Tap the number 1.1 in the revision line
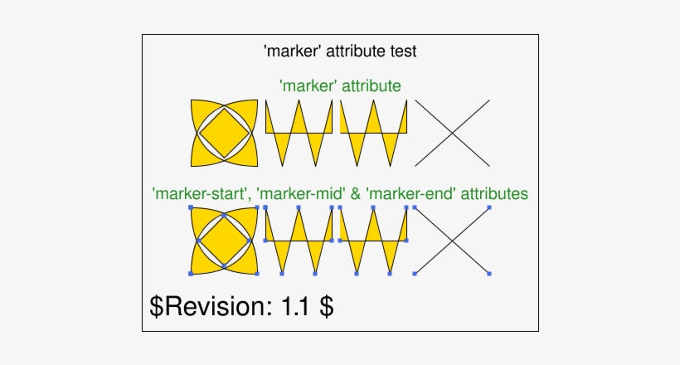tap(295, 305)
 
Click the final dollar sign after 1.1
tap(328, 305)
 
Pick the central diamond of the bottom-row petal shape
tap(224, 241)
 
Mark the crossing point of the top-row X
tap(452, 133)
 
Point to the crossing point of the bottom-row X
tap(452, 241)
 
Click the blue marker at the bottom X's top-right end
tap(489, 207)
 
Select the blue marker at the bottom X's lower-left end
tap(415, 273)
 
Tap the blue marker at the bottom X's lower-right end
tap(489, 273)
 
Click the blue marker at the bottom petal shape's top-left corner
tap(192, 207)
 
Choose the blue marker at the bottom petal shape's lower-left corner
tap(192, 273)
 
